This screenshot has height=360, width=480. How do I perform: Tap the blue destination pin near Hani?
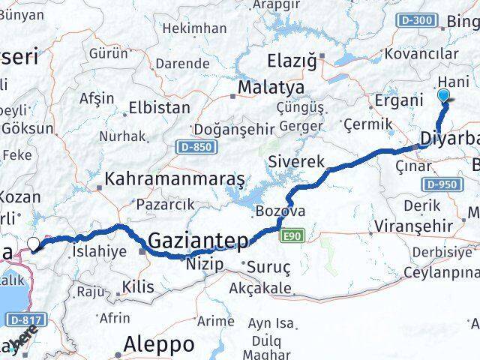(443, 95)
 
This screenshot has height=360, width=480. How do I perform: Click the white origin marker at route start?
(33, 243)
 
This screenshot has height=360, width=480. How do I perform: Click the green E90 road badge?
(293, 237)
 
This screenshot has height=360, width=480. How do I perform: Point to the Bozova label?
(280, 211)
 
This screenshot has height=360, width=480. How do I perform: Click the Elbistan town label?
(159, 107)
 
